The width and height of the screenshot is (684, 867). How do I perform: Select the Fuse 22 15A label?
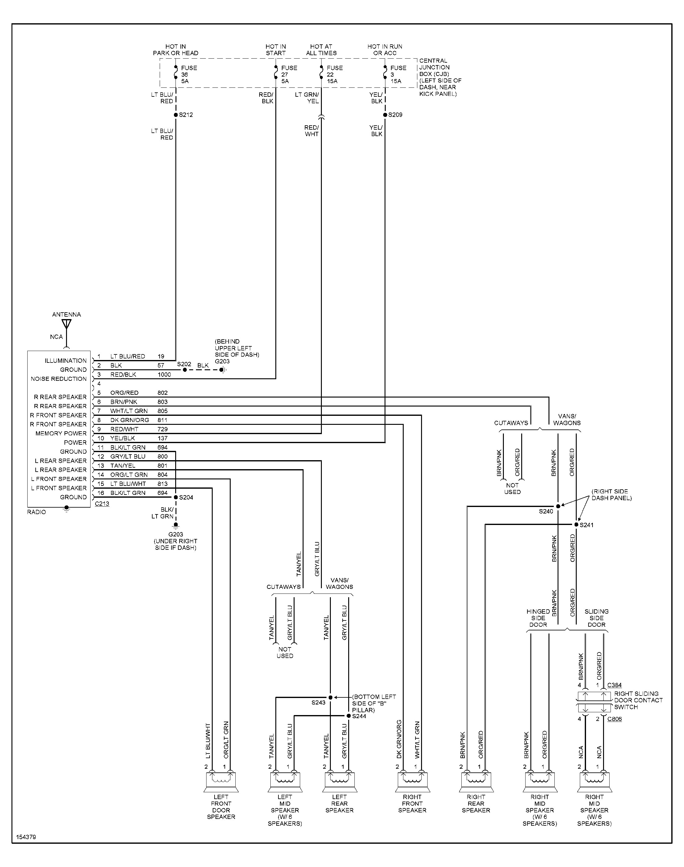point(334,74)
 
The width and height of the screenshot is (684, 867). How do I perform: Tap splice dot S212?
point(176,115)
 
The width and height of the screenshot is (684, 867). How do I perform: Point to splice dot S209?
point(385,115)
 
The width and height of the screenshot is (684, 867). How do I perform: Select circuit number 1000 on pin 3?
point(164,375)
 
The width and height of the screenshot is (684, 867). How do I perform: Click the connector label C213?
point(102,504)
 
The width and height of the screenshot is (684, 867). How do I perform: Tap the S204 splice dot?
point(176,497)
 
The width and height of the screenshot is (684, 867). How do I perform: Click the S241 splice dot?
point(576,525)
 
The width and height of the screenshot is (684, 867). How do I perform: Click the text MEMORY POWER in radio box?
point(61,433)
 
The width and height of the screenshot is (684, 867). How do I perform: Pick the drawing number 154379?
point(26,837)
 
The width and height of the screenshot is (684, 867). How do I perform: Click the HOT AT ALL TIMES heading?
point(321,50)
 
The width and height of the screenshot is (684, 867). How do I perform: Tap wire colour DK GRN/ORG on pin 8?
point(129,420)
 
